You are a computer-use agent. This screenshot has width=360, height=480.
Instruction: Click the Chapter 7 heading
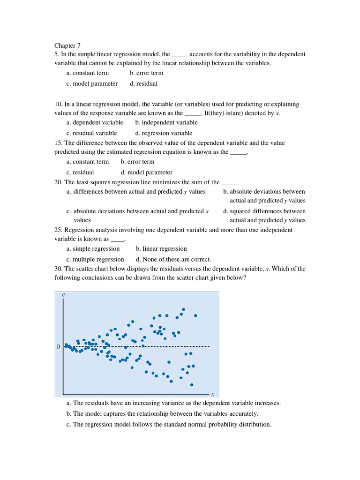pyautogui.click(x=67, y=45)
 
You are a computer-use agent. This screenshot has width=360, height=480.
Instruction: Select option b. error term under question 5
pyautogui.click(x=146, y=73)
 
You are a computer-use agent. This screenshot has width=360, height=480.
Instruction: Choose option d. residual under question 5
pyautogui.click(x=143, y=84)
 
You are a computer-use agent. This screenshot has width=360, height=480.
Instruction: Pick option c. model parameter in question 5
pyautogui.click(x=92, y=84)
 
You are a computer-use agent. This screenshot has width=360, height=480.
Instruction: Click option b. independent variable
pyautogui.click(x=166, y=123)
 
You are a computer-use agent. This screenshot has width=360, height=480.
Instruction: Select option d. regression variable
pyautogui.click(x=164, y=134)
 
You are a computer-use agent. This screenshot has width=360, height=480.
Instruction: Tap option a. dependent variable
pyautogui.click(x=95, y=123)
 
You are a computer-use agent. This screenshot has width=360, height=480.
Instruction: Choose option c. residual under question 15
pyautogui.click(x=80, y=172)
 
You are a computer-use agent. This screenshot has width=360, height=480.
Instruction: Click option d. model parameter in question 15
pyautogui.click(x=146, y=172)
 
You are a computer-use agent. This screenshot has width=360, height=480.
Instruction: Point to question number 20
pyautogui.click(x=58, y=182)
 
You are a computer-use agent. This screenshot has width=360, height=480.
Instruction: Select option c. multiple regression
pyautogui.click(x=95, y=260)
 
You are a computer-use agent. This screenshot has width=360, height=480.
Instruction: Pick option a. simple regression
pyautogui.click(x=93, y=249)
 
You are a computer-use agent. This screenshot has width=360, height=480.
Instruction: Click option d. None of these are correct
pyautogui.click(x=173, y=260)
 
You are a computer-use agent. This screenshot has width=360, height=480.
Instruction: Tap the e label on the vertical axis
pyautogui.click(x=63, y=295)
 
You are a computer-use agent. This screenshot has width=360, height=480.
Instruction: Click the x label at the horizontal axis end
pyautogui.click(x=212, y=395)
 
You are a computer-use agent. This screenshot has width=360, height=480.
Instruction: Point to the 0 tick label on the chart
pyautogui.click(x=58, y=347)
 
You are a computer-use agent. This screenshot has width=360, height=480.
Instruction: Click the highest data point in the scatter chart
pyautogui.click(x=183, y=309)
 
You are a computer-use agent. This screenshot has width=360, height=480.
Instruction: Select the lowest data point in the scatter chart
pyautogui.click(x=191, y=385)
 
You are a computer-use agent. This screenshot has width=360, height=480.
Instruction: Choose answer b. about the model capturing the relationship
pyautogui.click(x=162, y=414)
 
